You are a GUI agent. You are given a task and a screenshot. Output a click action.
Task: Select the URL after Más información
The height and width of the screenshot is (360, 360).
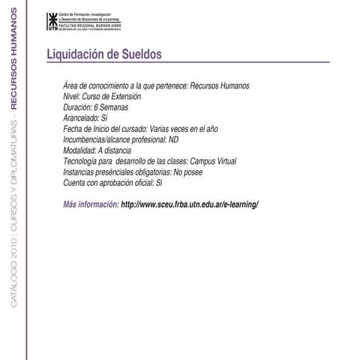[x=189, y=204]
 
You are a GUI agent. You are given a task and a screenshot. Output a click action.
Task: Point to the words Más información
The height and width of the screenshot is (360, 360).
[x=91, y=204]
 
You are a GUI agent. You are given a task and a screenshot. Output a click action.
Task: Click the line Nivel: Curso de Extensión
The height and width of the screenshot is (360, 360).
[x=102, y=97]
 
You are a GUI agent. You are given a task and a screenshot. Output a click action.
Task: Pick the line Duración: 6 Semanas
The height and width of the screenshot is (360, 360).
[x=97, y=107]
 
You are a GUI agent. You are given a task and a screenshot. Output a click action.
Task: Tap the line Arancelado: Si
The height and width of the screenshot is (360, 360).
[x=86, y=118]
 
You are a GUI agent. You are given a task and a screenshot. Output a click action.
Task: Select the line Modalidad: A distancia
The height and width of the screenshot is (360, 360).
[x=99, y=150]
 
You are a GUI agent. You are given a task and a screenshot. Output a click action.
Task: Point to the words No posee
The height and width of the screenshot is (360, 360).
[x=202, y=172]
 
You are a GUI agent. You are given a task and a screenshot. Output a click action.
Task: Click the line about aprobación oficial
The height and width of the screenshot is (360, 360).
[x=112, y=182]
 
